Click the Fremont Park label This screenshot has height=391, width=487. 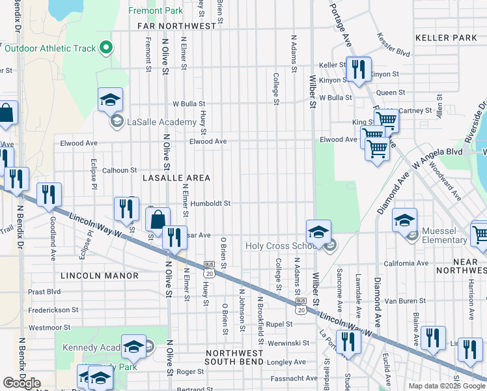156,11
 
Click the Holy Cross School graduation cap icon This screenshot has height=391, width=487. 318,233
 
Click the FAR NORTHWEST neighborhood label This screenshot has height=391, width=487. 176,26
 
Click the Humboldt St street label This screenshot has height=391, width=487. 210,203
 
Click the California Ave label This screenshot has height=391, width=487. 406,264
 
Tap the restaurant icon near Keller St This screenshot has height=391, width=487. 357,68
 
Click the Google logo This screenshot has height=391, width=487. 22,383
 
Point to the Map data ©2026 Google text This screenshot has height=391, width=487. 446,386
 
